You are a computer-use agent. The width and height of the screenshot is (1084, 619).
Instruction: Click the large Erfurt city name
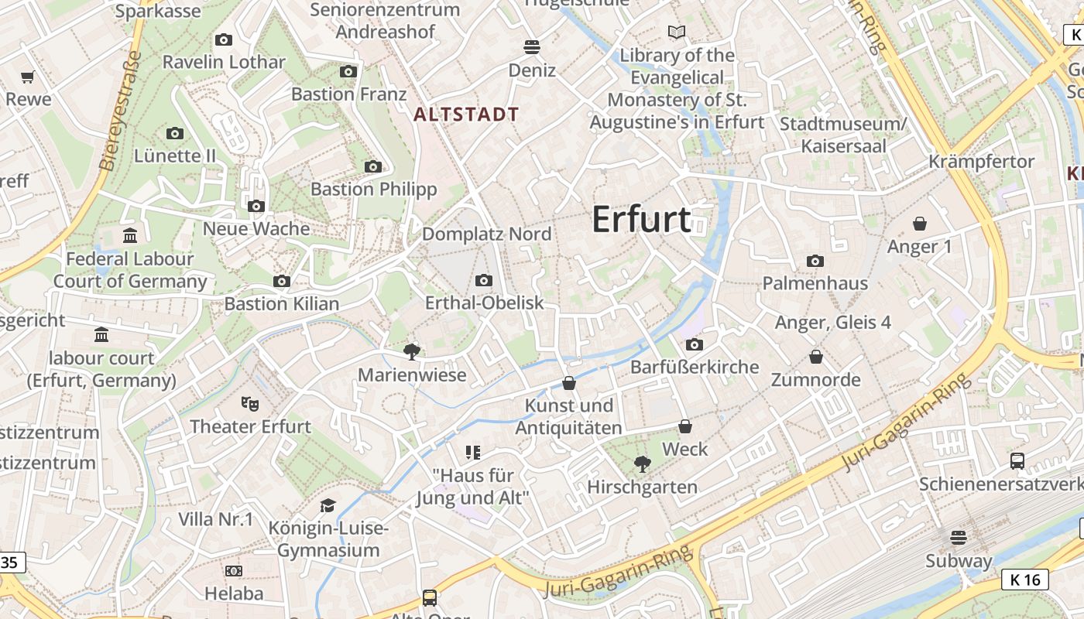tap(641, 220)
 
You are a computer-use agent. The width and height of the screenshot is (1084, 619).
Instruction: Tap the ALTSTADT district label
tap(466, 115)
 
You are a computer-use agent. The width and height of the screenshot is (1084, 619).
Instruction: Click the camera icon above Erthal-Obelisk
tap(484, 280)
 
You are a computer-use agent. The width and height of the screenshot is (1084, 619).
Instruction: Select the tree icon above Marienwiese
tap(412, 352)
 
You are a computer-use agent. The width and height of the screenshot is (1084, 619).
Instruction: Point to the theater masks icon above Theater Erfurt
tap(249, 403)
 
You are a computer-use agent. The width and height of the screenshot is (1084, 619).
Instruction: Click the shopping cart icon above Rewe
tap(28, 77)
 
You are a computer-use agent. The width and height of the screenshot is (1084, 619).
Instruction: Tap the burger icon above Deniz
tap(531, 47)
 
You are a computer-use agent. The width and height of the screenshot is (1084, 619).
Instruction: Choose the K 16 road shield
tap(1024, 580)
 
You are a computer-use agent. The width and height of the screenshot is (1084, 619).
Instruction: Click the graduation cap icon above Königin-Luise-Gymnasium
tap(328, 505)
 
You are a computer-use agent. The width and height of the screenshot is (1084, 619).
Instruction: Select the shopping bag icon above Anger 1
tap(920, 224)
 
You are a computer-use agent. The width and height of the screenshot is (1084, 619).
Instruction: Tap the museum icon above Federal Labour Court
tap(130, 235)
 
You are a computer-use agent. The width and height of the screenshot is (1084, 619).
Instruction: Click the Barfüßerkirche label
tap(695, 367)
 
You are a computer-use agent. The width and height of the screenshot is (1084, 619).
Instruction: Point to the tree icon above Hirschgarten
tap(642, 463)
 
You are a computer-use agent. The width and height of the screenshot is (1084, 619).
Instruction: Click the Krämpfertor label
tap(981, 162)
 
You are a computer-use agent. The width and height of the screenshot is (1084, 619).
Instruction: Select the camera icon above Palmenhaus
tap(815, 261)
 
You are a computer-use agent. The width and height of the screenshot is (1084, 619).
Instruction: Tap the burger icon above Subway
tap(959, 537)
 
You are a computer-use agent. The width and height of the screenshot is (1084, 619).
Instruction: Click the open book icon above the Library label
tap(677, 32)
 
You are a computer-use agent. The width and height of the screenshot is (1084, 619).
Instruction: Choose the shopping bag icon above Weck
tap(685, 426)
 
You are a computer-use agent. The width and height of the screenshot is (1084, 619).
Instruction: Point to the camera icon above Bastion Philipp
tap(373, 166)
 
